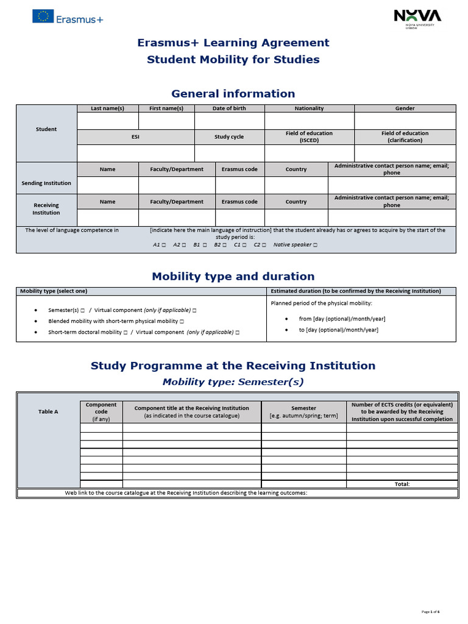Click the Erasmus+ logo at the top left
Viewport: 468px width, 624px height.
click(x=68, y=19)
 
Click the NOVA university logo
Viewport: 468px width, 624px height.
click(x=417, y=18)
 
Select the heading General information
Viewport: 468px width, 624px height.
click(x=233, y=93)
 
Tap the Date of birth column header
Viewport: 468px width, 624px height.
click(x=229, y=108)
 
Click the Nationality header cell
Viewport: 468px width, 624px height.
click(x=309, y=108)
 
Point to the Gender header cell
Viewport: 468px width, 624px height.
click(x=405, y=108)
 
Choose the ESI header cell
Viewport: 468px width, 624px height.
click(x=135, y=137)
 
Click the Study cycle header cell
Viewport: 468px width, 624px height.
click(x=229, y=137)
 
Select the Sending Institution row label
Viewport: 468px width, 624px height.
click(x=46, y=183)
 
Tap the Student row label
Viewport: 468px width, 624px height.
click(x=46, y=129)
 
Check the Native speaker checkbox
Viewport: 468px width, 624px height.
click(x=315, y=245)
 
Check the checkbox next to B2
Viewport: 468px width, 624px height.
click(x=225, y=245)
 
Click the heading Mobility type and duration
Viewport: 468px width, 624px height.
click(x=233, y=277)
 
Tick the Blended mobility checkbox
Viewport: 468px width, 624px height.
click(x=182, y=321)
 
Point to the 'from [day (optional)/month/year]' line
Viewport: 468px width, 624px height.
click(x=342, y=319)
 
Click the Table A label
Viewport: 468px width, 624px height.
click(x=48, y=412)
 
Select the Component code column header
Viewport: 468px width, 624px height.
click(x=101, y=412)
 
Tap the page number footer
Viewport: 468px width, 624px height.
click(x=430, y=611)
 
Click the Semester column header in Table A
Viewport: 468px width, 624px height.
click(x=303, y=412)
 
